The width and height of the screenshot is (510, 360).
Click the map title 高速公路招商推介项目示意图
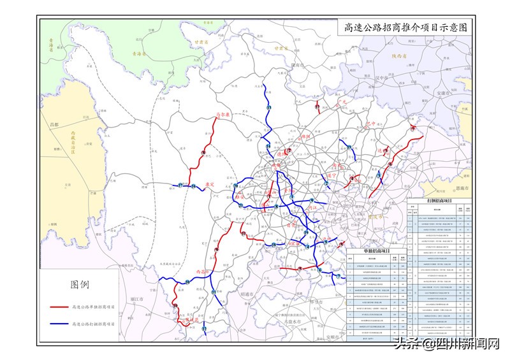click(405, 27)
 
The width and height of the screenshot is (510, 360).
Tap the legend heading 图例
click(79, 284)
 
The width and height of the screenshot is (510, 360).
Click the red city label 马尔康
click(221, 115)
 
